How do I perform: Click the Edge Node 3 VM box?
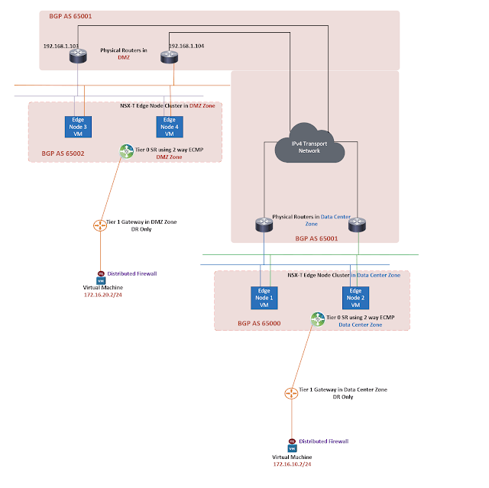coord(77,126)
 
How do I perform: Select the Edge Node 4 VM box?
coord(169,126)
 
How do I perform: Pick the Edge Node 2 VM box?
coord(356,296)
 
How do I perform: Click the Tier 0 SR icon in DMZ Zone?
coord(126,152)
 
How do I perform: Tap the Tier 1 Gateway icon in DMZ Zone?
coord(99,225)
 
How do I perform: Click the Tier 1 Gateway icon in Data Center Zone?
coord(290,393)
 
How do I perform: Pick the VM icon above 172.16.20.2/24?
coord(100,279)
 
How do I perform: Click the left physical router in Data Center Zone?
coord(264,225)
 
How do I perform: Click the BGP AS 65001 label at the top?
coord(70,15)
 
